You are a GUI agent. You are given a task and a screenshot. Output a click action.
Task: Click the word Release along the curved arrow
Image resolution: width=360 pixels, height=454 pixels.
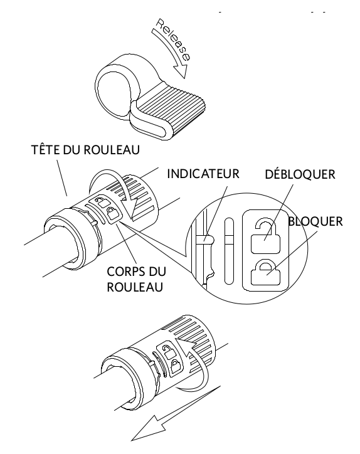coord(173,39)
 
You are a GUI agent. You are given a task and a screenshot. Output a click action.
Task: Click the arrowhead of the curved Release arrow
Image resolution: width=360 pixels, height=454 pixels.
coord(181,71)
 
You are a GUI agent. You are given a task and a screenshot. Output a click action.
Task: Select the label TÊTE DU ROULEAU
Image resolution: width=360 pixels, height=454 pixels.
coord(85,150)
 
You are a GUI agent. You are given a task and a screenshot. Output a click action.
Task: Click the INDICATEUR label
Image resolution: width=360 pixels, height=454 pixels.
coord(203,174)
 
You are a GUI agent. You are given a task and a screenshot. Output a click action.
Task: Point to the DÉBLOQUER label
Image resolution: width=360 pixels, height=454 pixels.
coord(300,174)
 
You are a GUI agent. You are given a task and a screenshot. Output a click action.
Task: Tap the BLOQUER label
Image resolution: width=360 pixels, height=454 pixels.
coord(315,221)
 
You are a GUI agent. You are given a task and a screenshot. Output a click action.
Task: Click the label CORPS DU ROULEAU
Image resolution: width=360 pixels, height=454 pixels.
coord(137,280)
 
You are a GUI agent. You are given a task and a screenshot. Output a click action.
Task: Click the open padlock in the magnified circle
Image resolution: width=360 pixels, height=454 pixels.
coord(265,236)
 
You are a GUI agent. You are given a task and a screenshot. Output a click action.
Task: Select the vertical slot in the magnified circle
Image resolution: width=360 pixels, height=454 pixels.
coord(229,251)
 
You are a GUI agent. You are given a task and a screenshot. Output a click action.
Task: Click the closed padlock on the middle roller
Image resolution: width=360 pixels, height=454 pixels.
coord(112,214)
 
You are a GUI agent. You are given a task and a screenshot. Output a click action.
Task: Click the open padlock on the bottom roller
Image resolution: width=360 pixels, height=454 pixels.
coord(167,351)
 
